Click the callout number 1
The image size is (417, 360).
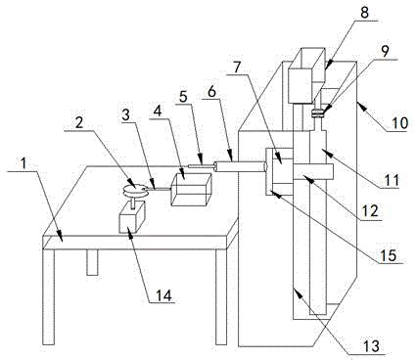tap(23, 164)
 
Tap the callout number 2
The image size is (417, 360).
tap(79, 123)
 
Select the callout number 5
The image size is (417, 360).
tap(183, 97)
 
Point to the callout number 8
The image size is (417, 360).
tap(364, 13)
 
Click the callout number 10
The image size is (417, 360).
tap(400, 123)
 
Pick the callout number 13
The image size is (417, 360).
tap(372, 346)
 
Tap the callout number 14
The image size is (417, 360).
tap(163, 295)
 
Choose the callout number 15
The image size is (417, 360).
tap(388, 255)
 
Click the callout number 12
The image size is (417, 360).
tap(370, 211)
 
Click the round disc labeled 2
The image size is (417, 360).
tap(136, 190)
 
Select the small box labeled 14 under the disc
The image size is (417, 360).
tap(132, 217)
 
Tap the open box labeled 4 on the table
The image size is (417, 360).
tap(192, 189)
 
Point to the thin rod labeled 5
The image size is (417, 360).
tap(201, 166)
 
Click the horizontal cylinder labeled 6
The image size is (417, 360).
tap(239, 166)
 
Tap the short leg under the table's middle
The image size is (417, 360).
tap(92, 262)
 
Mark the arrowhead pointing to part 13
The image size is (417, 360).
tap(298, 291)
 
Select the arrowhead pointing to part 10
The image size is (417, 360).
tap(359, 104)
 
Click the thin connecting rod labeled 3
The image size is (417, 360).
tap(159, 189)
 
